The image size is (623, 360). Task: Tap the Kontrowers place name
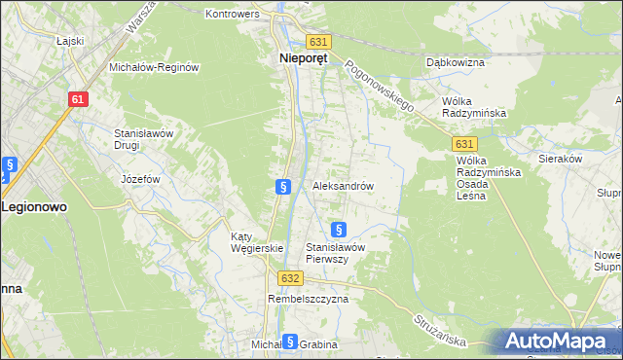pos(233,15)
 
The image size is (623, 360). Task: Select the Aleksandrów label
pos(343,185)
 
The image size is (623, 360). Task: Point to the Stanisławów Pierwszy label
pos(335,253)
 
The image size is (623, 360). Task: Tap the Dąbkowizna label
pos(456,62)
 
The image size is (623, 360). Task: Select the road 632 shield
pos(289,278)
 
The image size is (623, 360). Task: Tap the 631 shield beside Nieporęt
pos(319,42)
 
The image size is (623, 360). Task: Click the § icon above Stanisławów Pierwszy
pos(339,230)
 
